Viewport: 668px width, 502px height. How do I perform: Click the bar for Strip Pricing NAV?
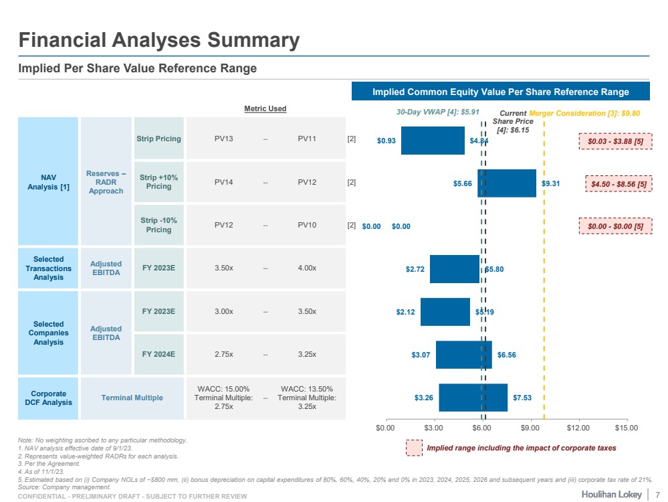click(x=433, y=141)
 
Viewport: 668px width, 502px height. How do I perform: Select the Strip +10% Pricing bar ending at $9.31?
click(x=507, y=183)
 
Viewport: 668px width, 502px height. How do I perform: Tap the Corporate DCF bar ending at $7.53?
click(x=473, y=398)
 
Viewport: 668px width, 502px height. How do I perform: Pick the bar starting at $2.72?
click(x=455, y=269)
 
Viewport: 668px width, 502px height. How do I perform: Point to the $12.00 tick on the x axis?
click(x=578, y=427)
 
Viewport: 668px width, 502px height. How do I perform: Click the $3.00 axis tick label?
click(x=433, y=427)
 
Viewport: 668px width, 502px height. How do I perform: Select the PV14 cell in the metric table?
click(x=223, y=182)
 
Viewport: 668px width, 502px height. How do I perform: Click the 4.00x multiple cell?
click(x=307, y=268)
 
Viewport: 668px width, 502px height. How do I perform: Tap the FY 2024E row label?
click(x=158, y=353)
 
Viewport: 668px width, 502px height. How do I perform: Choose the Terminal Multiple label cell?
click(x=132, y=398)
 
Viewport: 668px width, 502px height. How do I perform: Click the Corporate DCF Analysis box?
click(x=48, y=398)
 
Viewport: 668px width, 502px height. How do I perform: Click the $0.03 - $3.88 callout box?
click(x=615, y=141)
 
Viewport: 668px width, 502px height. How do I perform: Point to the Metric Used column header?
click(x=265, y=108)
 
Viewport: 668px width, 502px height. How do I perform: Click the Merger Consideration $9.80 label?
click(x=584, y=113)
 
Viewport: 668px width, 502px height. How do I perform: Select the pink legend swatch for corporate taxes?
click(x=415, y=448)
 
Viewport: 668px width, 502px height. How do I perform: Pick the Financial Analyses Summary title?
click(x=159, y=40)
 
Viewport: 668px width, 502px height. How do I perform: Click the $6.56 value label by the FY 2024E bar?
click(x=506, y=355)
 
